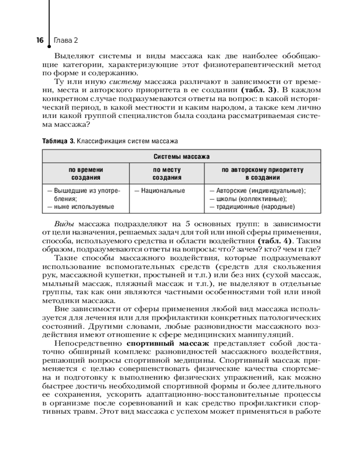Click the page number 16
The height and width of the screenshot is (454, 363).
[x=39, y=40]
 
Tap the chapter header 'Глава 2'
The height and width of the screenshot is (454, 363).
[x=66, y=40]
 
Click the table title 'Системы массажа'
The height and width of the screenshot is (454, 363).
[x=181, y=157]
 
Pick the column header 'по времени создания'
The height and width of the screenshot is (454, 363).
[x=85, y=174]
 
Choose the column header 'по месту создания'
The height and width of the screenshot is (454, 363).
[x=167, y=174]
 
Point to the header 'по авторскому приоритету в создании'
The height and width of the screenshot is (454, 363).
[x=263, y=174]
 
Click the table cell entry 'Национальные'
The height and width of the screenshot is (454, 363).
[x=159, y=191]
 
